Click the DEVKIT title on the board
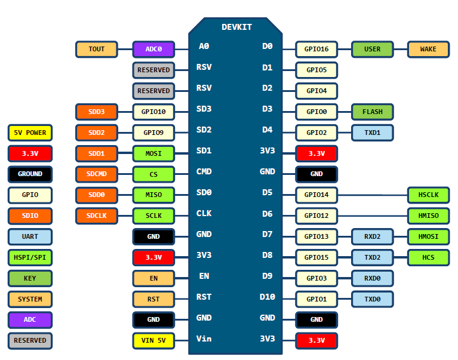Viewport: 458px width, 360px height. (236, 27)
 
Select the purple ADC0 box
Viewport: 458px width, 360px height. (153, 49)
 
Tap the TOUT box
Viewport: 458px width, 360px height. (97, 49)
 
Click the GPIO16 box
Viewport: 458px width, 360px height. (316, 49)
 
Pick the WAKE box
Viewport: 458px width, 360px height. (428, 49)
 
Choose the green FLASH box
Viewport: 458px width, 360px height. (372, 112)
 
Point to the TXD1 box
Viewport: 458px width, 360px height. (372, 133)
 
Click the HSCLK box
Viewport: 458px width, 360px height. (428, 195)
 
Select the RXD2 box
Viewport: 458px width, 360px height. (372, 237)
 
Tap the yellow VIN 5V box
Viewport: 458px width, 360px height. (153, 341)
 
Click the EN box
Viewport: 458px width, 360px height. (153, 278)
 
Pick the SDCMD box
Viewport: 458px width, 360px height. (97, 174)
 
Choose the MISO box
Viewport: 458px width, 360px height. (153, 195)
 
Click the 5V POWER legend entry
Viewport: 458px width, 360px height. (30, 133)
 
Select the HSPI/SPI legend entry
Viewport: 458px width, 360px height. (30, 258)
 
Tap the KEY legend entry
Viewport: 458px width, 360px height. (30, 278)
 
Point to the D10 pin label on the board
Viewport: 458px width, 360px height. (267, 297)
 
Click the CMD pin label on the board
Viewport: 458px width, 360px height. (204, 171)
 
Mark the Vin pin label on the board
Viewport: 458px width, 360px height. (204, 339)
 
